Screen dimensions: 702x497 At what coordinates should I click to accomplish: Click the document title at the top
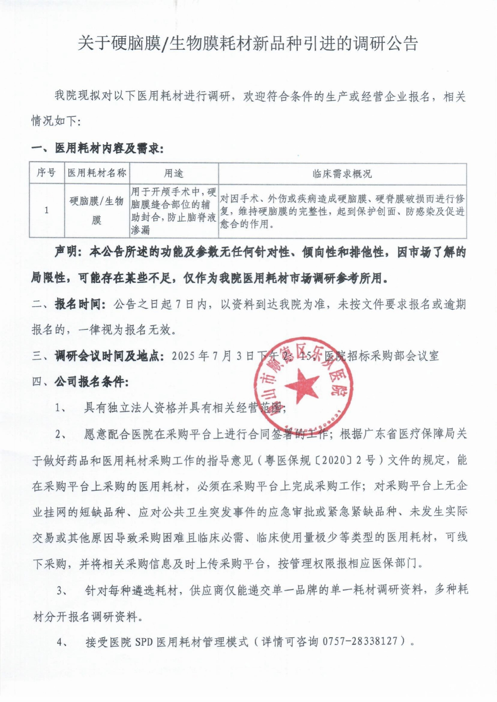point(248,44)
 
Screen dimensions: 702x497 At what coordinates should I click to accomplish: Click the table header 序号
point(46,173)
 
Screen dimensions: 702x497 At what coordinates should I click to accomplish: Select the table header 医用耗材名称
point(97,173)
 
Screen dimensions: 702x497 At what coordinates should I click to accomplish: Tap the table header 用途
point(173,173)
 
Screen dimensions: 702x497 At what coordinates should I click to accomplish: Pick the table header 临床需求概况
point(342,174)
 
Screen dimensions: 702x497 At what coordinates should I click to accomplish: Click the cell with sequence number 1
point(46,210)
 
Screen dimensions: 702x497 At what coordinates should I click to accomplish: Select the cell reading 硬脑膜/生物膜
point(97,210)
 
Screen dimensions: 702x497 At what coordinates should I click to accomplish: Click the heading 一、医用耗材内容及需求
point(97,148)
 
